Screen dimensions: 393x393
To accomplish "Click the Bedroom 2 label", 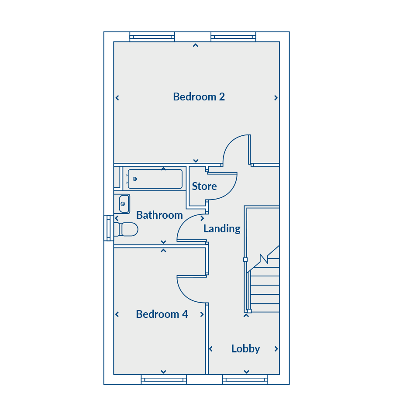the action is (199, 97).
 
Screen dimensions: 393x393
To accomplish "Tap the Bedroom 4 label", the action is (162, 314).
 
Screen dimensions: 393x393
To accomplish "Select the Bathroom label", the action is (159, 215).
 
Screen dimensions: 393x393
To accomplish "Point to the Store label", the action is (204, 186).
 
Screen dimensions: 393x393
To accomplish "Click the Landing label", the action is (222, 229).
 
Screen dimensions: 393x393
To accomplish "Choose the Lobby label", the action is (245, 349).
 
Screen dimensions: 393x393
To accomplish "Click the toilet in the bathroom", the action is (126, 229).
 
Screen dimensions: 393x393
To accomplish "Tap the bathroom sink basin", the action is (124, 204).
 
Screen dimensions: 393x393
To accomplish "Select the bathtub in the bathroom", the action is (155, 179).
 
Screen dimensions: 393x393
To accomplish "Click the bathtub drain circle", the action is (134, 179).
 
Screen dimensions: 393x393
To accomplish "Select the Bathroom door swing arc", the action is (183, 221).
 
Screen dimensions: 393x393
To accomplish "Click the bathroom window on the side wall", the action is (109, 228).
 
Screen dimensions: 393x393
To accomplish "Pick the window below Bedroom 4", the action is (164, 379).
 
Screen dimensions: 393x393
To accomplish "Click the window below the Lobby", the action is (245, 379).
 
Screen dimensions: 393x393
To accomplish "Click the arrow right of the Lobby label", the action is (276, 349).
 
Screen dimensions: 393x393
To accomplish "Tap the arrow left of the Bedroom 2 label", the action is (117, 98).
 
